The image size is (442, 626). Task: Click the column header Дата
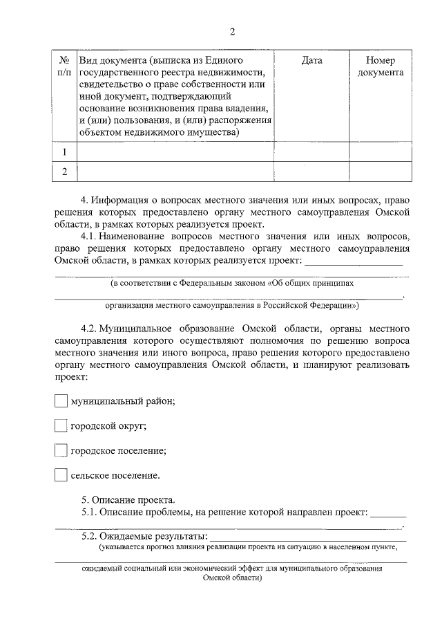pyautogui.click(x=312, y=61)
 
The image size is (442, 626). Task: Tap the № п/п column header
pyautogui.click(x=64, y=66)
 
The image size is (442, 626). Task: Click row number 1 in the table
pyautogui.click(x=64, y=151)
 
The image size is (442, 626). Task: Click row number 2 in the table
pyautogui.click(x=64, y=172)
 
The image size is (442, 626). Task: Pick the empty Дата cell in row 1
pyautogui.click(x=312, y=151)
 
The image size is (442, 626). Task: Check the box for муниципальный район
pyautogui.click(x=61, y=401)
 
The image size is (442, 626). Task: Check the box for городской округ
pyautogui.click(x=61, y=426)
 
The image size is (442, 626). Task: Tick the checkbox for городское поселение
pyautogui.click(x=61, y=451)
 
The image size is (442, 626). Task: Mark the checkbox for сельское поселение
pyautogui.click(x=61, y=476)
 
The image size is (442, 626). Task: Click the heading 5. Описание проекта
pyautogui.click(x=128, y=500)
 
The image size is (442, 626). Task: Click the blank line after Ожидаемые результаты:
pyautogui.click(x=307, y=537)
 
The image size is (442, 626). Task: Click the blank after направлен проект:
pyautogui.click(x=388, y=514)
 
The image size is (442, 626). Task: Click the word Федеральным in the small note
pyautogui.click(x=204, y=284)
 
